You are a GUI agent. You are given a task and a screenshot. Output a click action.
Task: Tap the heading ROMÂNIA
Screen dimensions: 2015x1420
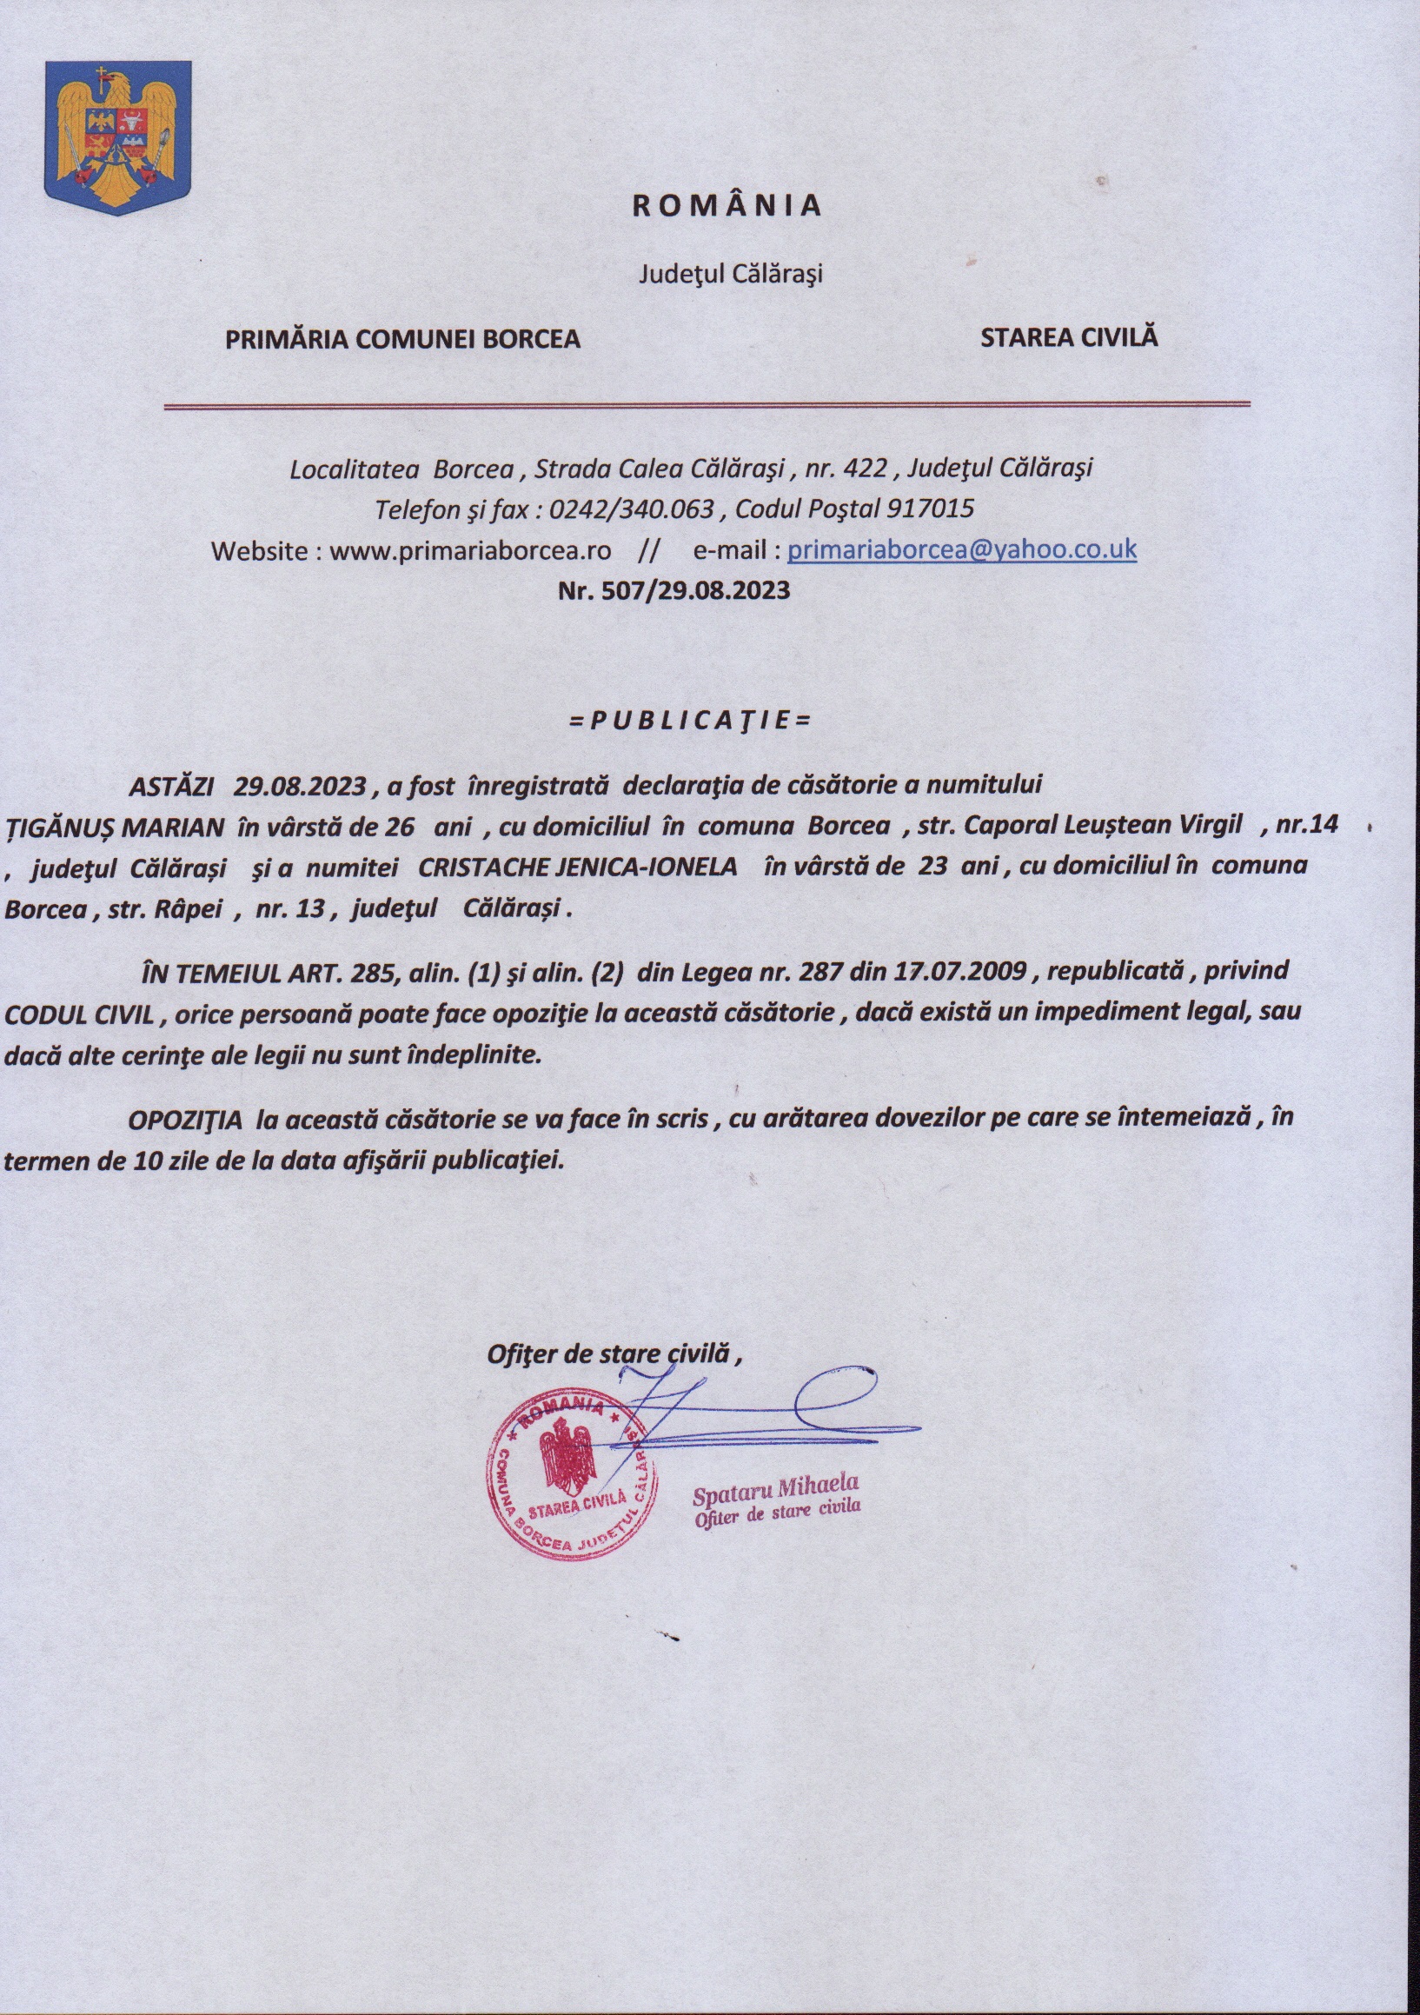(x=727, y=205)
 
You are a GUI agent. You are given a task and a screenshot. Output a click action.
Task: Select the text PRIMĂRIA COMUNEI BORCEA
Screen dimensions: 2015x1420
(x=403, y=340)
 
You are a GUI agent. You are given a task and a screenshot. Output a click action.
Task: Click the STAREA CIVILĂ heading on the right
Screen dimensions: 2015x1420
(x=1069, y=338)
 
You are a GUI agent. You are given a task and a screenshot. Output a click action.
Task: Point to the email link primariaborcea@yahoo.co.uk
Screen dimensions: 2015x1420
(x=962, y=550)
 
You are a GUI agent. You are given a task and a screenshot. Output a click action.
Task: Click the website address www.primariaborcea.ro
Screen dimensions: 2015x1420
(x=469, y=551)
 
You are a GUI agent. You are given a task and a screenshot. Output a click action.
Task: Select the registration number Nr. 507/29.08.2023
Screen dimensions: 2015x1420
(x=674, y=589)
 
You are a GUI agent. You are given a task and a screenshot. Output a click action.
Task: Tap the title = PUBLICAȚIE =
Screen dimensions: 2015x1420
(x=689, y=721)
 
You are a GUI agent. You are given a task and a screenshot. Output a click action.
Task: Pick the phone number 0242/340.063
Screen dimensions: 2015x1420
(x=631, y=509)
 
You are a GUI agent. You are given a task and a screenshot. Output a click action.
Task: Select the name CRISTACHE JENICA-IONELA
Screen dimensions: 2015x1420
(x=578, y=866)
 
